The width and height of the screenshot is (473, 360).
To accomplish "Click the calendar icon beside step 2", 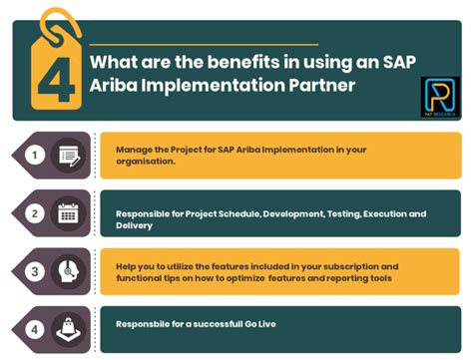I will click(x=69, y=213).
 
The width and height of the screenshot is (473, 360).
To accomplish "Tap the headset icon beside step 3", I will click(x=69, y=271).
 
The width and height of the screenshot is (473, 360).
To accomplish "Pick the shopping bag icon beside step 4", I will click(x=69, y=328).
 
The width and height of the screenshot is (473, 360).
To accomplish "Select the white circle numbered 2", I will click(x=35, y=213).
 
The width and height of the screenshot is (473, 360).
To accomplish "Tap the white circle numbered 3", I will click(x=35, y=271).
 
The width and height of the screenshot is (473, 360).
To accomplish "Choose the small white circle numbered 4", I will click(x=35, y=328).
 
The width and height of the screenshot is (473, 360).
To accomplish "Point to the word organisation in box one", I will click(x=148, y=163).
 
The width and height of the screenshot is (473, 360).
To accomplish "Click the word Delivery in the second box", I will click(x=135, y=226).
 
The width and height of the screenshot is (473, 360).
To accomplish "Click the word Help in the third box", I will click(x=126, y=267).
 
